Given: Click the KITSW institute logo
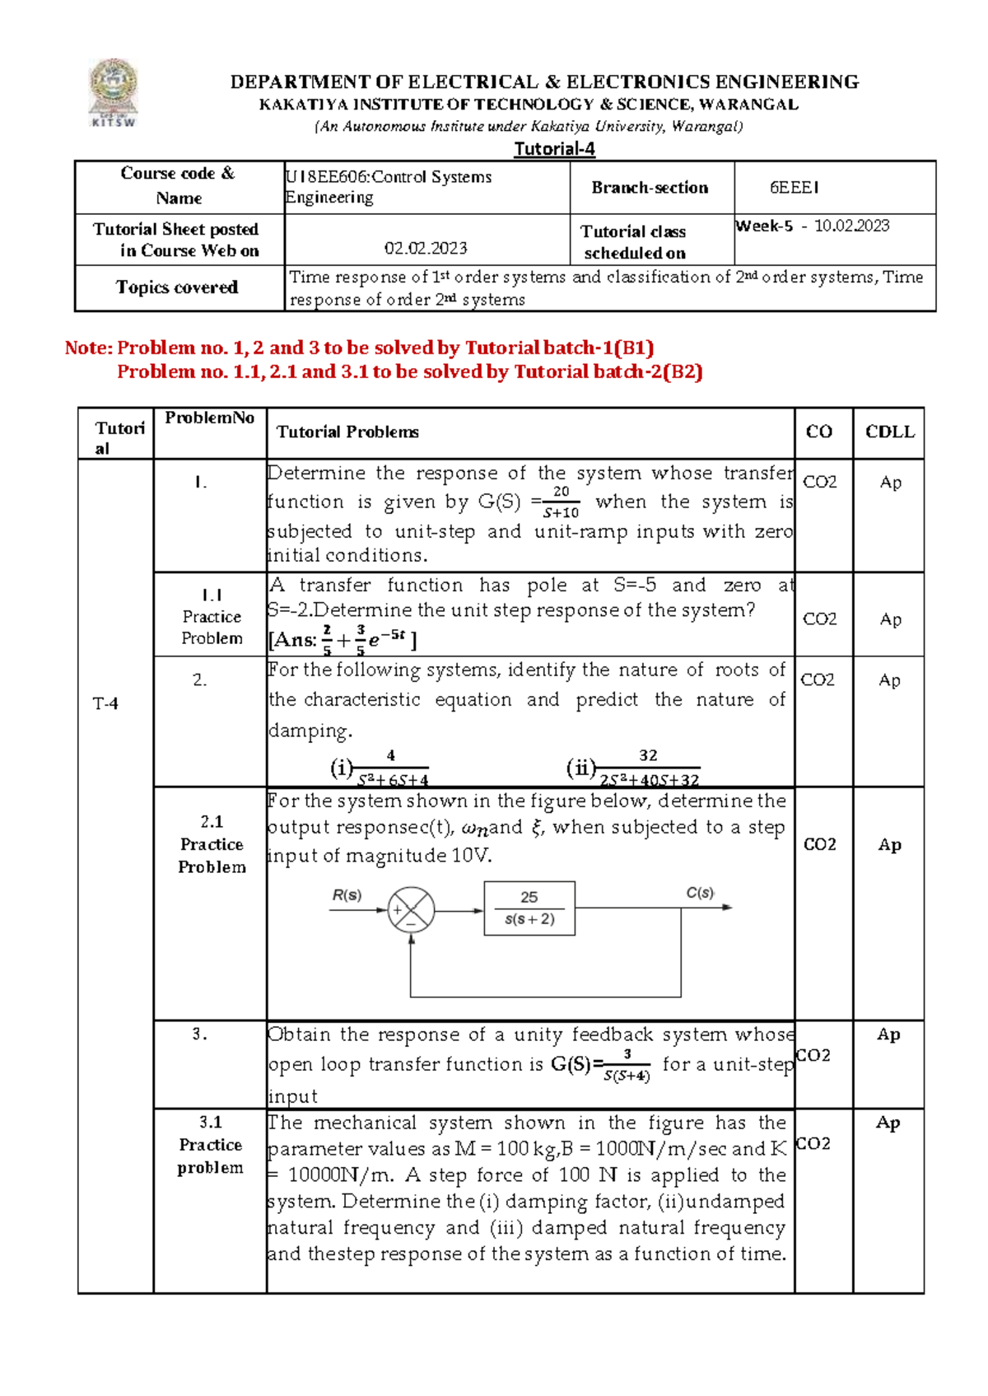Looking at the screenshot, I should click(114, 92).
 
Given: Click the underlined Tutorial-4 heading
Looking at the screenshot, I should click(554, 149).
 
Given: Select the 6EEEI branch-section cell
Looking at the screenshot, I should click(794, 188).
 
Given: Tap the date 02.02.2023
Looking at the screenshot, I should click(426, 248).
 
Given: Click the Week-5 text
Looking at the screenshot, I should click(764, 226).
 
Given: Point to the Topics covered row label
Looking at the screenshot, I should click(177, 287).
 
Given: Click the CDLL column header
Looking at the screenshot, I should click(889, 432).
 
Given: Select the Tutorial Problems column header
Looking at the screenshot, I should click(347, 432).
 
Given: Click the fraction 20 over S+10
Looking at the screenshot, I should click(561, 502).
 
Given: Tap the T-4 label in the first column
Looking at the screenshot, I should click(105, 703).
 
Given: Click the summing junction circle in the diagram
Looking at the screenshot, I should click(411, 910).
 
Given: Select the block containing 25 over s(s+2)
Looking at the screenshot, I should click(529, 908).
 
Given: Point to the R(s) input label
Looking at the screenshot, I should click(347, 895).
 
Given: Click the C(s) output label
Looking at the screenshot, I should click(700, 893).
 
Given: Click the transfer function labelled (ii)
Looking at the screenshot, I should click(635, 768).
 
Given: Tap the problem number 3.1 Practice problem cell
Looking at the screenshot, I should click(210, 1144).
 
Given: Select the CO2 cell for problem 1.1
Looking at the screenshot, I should click(820, 619).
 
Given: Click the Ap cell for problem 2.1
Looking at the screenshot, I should click(889, 844).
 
